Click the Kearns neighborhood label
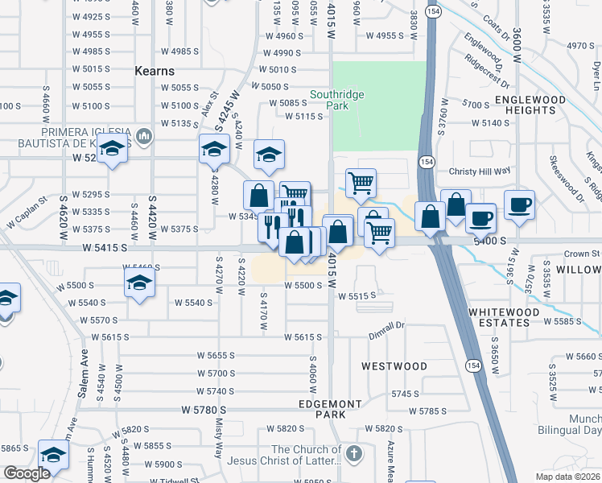click(x=156, y=71)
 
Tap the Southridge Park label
click(x=338, y=100)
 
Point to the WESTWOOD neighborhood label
click(x=394, y=366)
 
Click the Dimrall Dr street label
click(x=386, y=325)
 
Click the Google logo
click(x=27, y=473)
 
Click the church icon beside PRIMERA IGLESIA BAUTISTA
click(x=144, y=135)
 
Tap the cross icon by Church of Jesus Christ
click(x=352, y=455)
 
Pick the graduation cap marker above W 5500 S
click(x=139, y=283)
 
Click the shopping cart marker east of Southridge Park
click(x=361, y=182)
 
